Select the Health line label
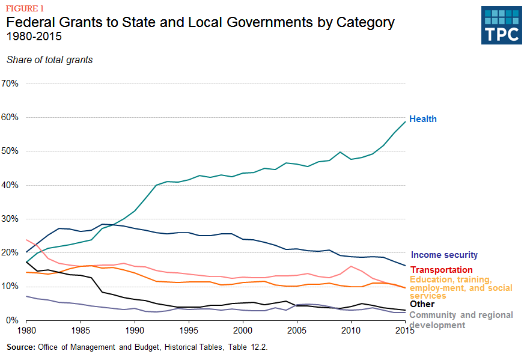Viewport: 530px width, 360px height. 422,119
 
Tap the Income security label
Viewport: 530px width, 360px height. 444,255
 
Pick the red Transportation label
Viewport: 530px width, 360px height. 441,270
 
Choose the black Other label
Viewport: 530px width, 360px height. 422,305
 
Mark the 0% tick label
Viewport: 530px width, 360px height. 13,320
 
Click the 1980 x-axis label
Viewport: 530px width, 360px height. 26,331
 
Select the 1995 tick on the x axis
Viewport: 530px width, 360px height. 189,331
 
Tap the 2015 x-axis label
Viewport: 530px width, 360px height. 405,331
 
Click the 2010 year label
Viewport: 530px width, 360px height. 351,331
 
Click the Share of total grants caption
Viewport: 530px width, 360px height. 49,59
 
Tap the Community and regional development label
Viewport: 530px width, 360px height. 461,320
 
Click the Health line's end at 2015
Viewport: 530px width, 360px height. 405,121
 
